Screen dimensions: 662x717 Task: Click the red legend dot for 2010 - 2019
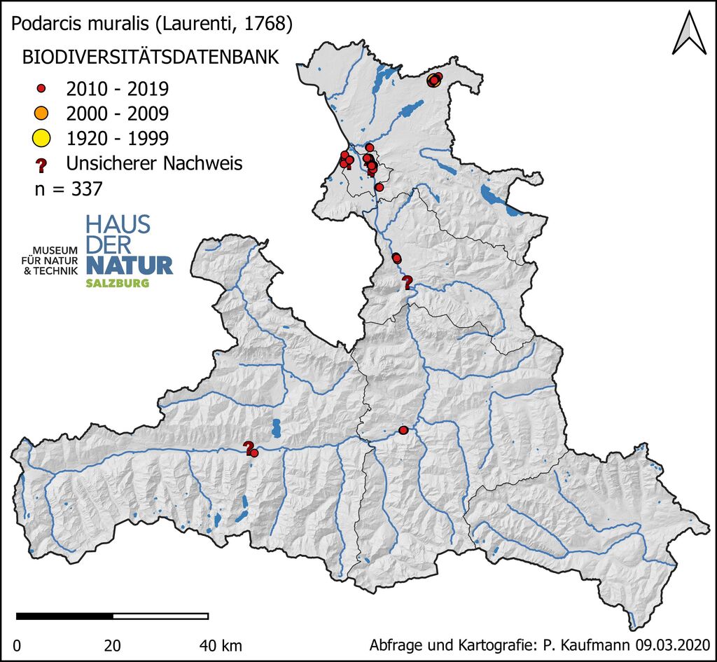click(x=41, y=89)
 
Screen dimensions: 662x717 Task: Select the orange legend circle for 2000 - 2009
click(x=41, y=113)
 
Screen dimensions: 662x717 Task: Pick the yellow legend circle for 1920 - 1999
click(x=41, y=137)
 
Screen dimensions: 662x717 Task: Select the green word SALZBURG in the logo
click(x=117, y=284)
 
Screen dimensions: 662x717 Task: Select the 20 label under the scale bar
click(x=113, y=644)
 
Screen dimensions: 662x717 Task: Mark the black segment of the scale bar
click(x=64, y=616)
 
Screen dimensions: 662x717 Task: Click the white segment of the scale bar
click(x=160, y=616)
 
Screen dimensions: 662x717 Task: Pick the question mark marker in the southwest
click(x=247, y=447)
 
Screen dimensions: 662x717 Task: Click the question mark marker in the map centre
click(x=407, y=282)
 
